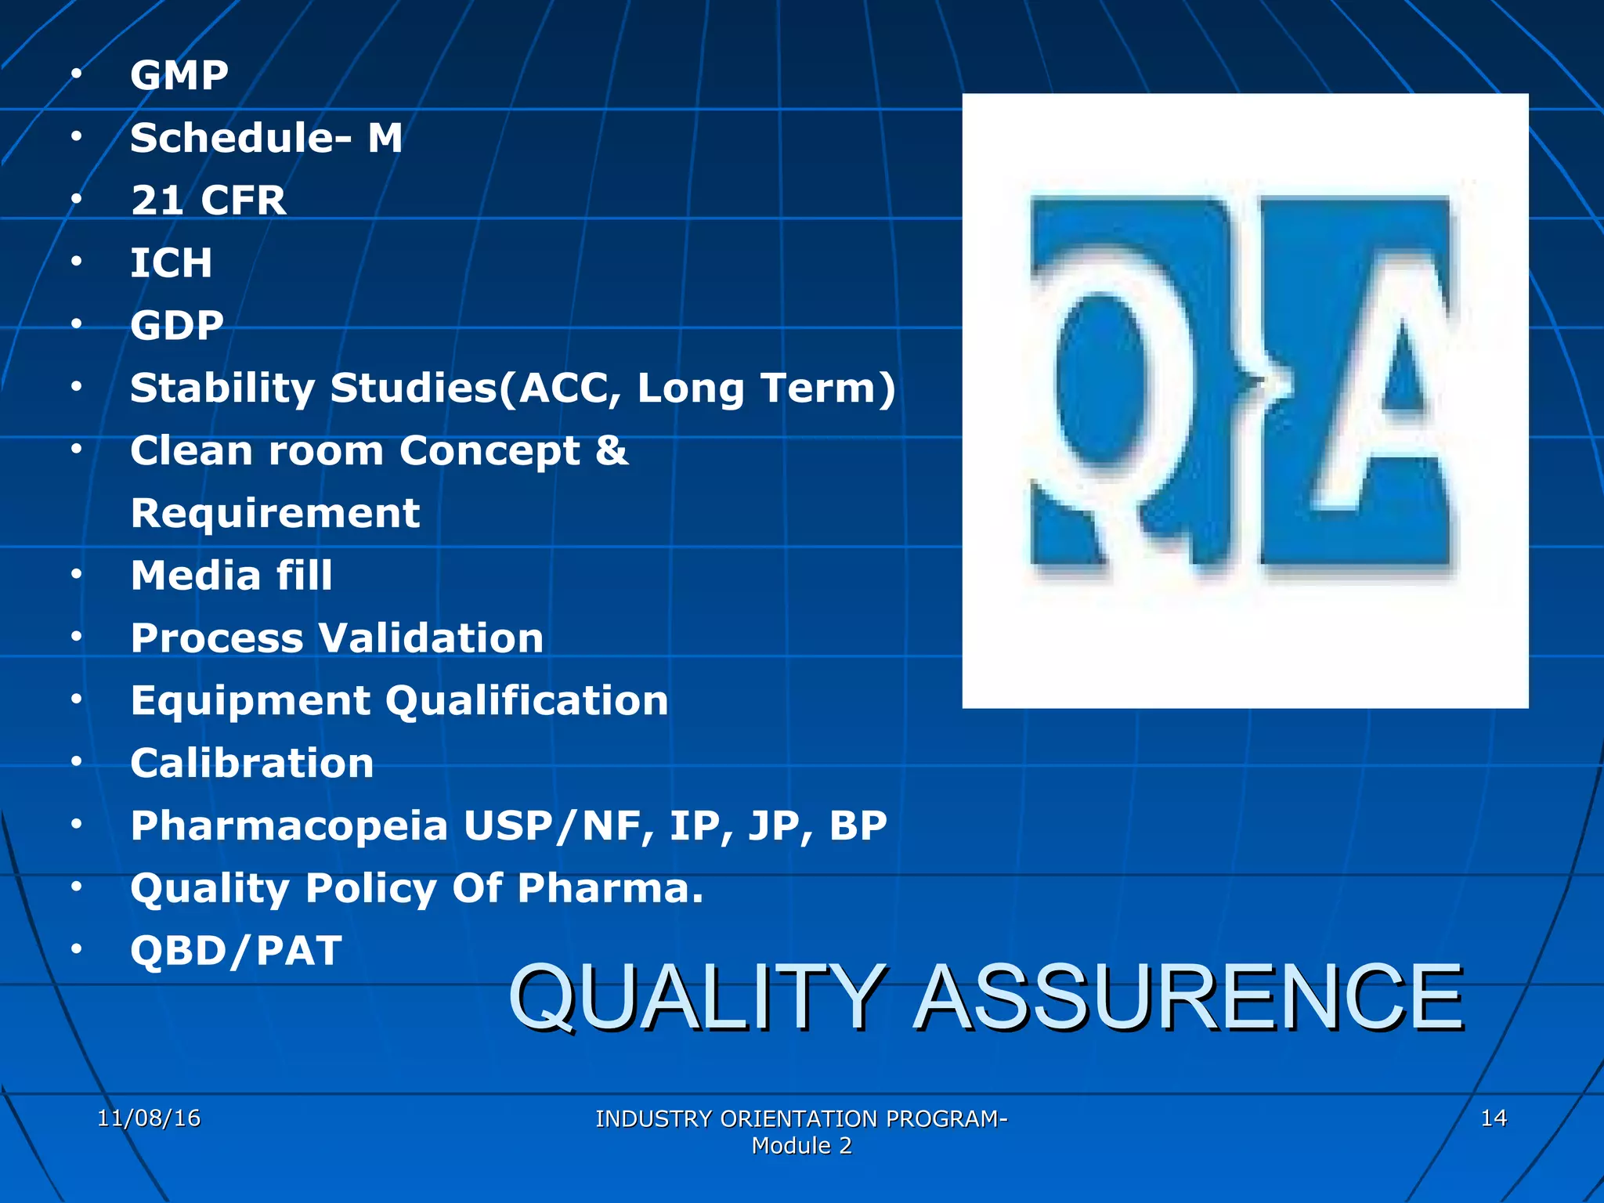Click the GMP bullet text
click(x=179, y=76)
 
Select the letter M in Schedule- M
click(x=385, y=138)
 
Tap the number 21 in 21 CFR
click(x=157, y=200)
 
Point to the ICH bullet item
click(x=171, y=263)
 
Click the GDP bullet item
click(x=177, y=326)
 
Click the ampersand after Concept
click(x=612, y=451)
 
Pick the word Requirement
click(x=275, y=514)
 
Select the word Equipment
click(x=250, y=701)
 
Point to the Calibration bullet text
click(x=252, y=764)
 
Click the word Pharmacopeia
click(x=289, y=826)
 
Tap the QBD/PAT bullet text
click(x=236, y=952)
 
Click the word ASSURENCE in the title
click(x=1189, y=999)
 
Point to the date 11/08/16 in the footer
click(x=149, y=1118)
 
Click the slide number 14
click(x=1494, y=1118)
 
